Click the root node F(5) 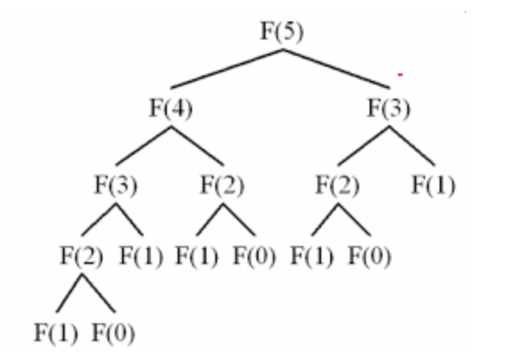coord(282,31)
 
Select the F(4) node coord(170,109)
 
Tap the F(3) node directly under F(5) coord(388,109)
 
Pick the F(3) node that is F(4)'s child coord(116,185)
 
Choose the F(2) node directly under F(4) coord(223,185)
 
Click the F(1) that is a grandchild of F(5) coord(433,185)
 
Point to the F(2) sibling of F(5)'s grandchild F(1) coord(337,185)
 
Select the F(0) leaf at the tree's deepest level coord(113,333)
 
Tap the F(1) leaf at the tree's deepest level coord(57,333)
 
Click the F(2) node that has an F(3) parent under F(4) coord(82,257)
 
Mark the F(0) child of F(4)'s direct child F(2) coord(254,257)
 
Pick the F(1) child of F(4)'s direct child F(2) coord(197,257)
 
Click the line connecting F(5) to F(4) coord(227,69)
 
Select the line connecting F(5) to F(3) coord(336,69)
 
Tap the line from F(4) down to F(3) coord(144,145)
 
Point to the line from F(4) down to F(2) coord(197,145)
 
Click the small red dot coord(400,75)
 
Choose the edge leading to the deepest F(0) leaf coord(99,293)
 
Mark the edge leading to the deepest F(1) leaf coord(69,293)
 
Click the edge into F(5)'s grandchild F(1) coord(412,145)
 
